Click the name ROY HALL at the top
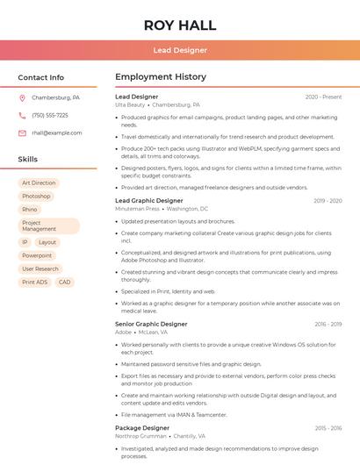tap(180, 25)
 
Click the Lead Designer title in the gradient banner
tap(180, 50)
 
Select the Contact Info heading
tap(40, 77)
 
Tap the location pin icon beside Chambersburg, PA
tap(22, 98)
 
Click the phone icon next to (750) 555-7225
tap(22, 116)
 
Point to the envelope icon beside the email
tap(22, 133)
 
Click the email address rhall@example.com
tap(57, 133)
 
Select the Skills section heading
tap(28, 160)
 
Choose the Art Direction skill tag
tap(39, 183)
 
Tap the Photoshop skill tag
tap(36, 197)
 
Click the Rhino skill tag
tap(30, 210)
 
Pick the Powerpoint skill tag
tap(37, 255)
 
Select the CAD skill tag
tap(64, 283)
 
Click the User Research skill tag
tap(40, 269)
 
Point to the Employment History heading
tap(161, 77)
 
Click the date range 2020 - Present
tap(323, 97)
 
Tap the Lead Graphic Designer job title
tap(149, 201)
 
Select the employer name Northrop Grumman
tap(140, 436)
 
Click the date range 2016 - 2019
tap(328, 325)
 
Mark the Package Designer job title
tap(142, 428)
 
